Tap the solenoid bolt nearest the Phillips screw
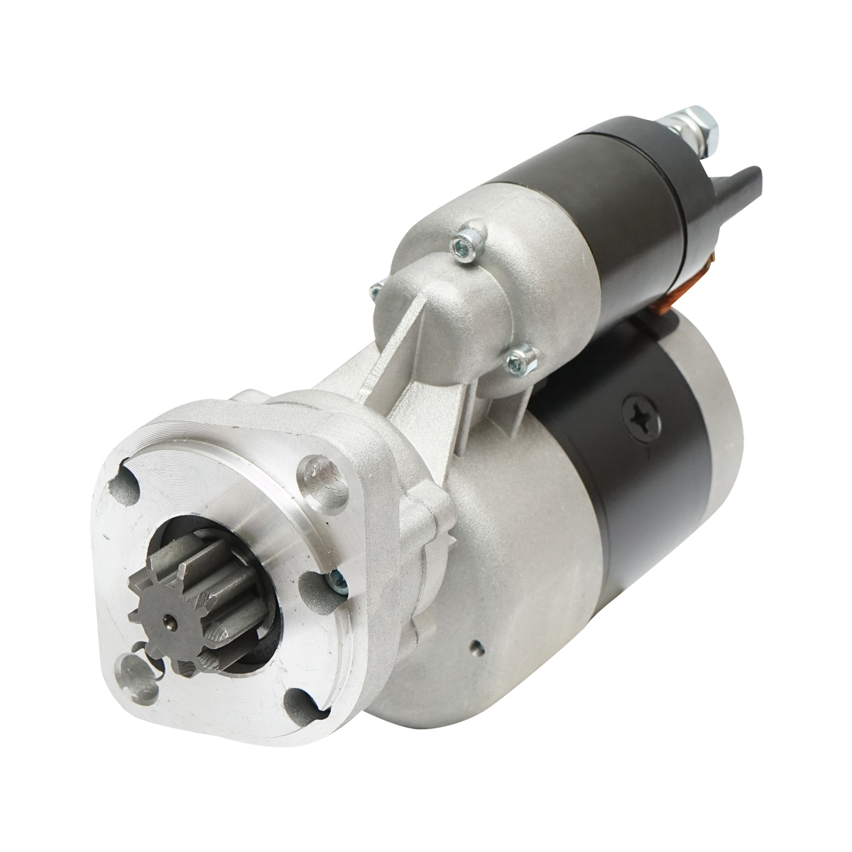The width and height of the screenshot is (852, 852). click(520, 359)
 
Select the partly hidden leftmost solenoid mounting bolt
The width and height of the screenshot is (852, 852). click(376, 290)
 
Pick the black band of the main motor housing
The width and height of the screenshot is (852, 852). click(625, 497)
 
